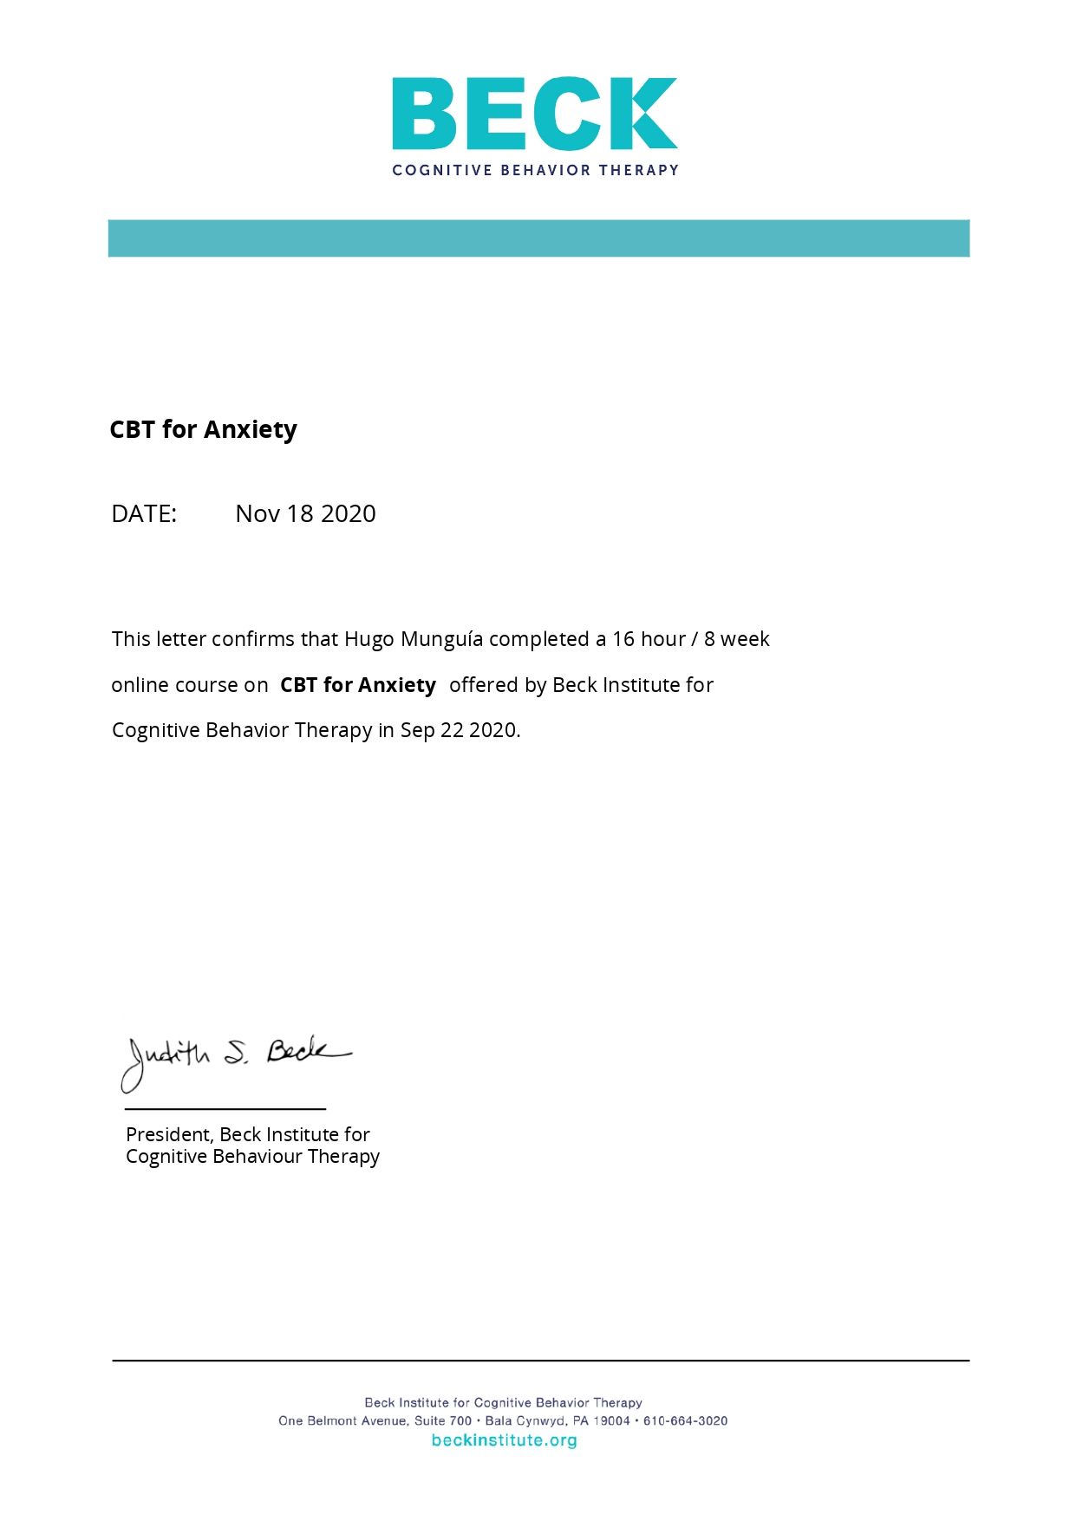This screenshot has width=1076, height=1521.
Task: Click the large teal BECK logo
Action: coord(534,114)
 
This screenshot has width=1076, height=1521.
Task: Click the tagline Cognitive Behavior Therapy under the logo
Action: coord(535,170)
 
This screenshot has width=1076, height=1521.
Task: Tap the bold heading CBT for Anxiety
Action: coord(203,429)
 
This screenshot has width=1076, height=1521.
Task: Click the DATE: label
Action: coord(144,513)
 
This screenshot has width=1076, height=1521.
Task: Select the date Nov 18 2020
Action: coord(305,513)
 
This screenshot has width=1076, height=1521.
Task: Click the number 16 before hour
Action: coord(623,639)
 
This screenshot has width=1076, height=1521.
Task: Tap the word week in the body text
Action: coord(745,639)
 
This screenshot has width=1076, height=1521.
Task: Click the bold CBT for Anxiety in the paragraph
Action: coord(357,685)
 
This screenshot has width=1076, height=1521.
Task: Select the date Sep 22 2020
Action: coord(459,730)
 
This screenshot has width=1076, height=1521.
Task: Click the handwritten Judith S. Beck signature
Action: coord(234,1060)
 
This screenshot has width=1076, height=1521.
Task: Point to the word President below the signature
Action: coord(169,1134)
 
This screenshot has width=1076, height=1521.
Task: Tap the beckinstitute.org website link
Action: coord(504,1440)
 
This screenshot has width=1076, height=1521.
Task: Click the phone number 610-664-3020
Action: coord(685,1420)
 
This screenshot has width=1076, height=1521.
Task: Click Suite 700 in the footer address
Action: coord(442,1420)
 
